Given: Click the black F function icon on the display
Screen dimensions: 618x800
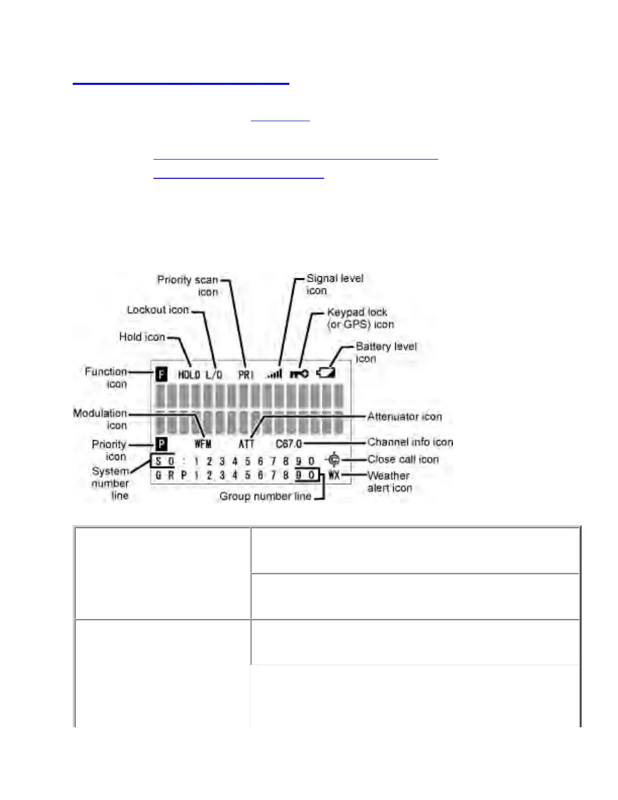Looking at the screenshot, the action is point(161,375).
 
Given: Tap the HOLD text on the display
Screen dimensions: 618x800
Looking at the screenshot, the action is point(189,375).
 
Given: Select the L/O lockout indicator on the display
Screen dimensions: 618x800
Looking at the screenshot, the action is point(214,375).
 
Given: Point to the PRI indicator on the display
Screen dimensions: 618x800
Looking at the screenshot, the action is point(246,375).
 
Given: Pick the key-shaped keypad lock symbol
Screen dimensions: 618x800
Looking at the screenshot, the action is point(299,374).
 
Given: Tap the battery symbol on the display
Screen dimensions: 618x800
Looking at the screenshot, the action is point(326,373).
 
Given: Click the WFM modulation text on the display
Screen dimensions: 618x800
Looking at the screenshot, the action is point(203,444).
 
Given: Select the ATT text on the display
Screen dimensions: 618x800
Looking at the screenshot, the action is point(246,444).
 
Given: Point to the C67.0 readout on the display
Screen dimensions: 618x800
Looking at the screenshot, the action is point(289,444).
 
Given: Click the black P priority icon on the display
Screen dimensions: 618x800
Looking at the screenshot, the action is point(161,444).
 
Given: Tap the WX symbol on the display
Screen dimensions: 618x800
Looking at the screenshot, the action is point(334,475).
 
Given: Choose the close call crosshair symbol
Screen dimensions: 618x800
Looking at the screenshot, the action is point(334,460).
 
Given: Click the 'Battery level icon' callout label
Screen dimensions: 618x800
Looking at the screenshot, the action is point(386,353).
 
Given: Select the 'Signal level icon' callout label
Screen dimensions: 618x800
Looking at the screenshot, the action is point(335,284).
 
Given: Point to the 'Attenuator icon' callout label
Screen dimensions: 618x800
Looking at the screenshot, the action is point(404,417).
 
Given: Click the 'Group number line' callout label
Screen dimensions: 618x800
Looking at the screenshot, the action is point(265,496).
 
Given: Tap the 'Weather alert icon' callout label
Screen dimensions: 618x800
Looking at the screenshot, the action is point(389,482).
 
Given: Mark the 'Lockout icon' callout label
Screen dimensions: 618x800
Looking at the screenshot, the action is point(158,310).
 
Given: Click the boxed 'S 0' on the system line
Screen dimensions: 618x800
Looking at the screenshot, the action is point(164,461).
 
